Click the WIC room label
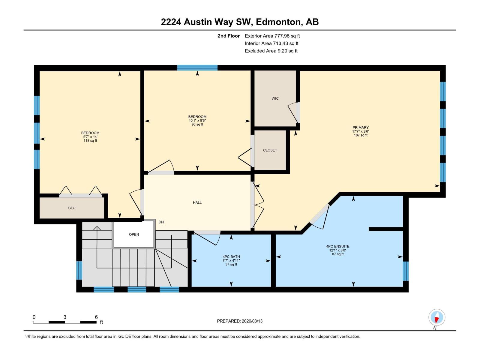[x=275, y=98]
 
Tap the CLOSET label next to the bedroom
[x=270, y=150]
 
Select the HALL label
[x=197, y=202]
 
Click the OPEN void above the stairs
[x=134, y=234]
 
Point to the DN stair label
[x=161, y=222]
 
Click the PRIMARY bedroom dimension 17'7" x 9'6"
[x=361, y=131]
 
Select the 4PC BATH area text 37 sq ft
[x=231, y=265]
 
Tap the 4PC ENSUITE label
[x=338, y=246]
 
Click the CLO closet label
[x=72, y=208]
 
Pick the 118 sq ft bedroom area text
[x=90, y=141]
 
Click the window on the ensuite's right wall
[x=406, y=271]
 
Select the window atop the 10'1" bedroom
[x=197, y=67]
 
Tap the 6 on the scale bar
[x=96, y=317]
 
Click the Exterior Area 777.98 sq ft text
[x=272, y=36]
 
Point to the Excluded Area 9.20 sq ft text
[x=271, y=51]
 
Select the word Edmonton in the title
[x=279, y=22]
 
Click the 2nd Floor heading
[x=229, y=36]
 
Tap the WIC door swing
[x=292, y=112]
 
